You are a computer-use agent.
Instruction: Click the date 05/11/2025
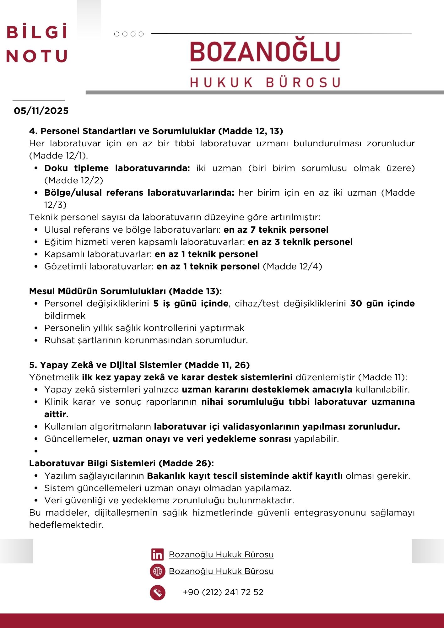41,111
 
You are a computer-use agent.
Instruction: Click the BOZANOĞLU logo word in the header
265,52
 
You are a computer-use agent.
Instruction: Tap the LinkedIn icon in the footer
157,555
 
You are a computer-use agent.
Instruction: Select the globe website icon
158,571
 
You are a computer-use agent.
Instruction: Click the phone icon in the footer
158,593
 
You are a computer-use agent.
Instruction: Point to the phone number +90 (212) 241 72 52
223,592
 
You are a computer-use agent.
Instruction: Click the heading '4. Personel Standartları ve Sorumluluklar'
156,131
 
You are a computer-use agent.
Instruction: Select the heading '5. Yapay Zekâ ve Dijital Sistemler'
139,365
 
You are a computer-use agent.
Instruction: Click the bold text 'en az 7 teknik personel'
276,230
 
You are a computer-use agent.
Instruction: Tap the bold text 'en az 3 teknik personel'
300,242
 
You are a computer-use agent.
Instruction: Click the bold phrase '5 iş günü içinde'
191,304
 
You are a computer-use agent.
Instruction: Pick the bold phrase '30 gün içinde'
382,304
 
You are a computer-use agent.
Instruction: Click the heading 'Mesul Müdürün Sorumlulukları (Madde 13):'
126,291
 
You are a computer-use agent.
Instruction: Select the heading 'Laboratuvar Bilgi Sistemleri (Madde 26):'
122,463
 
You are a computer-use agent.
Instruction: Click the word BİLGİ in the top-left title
37,32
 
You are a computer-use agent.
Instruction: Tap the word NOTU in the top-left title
37,56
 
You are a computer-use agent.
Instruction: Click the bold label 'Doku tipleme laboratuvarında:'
117,168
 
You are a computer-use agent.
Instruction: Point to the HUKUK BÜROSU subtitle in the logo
265,83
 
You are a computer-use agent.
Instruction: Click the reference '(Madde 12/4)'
292,267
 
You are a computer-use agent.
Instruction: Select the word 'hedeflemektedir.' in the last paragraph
66,525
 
